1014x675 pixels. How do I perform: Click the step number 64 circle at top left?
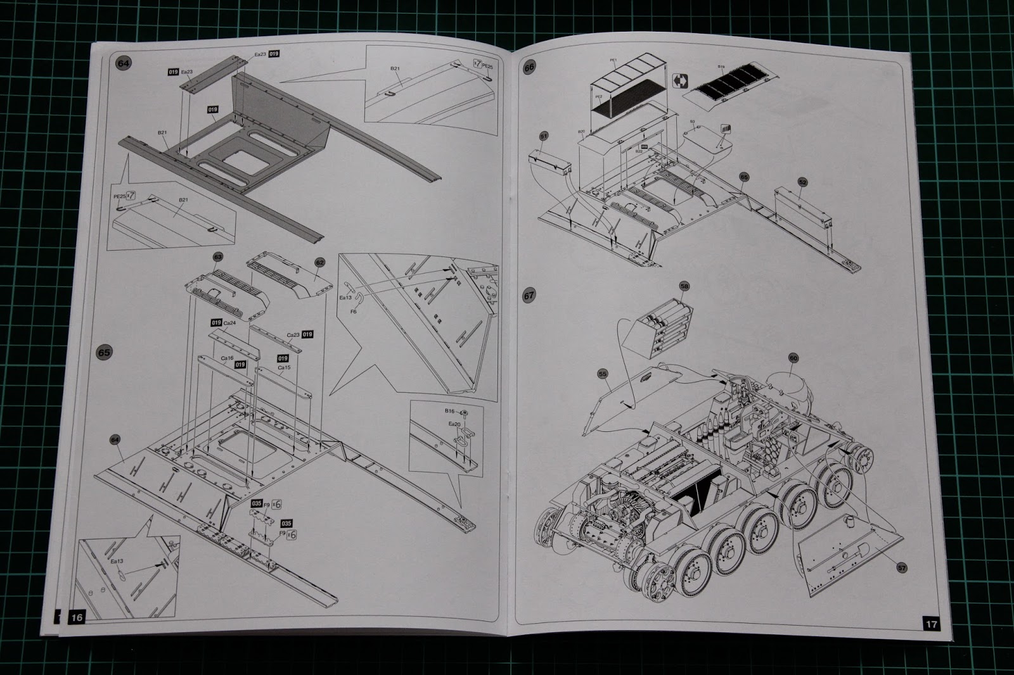[x=123, y=64]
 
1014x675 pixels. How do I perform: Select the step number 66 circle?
[x=529, y=66]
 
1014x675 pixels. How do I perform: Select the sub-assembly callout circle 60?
[x=793, y=358]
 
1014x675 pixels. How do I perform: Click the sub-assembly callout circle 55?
[x=602, y=374]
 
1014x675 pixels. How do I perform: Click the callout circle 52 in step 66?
[x=803, y=182]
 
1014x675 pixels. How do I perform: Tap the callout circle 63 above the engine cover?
[x=217, y=257]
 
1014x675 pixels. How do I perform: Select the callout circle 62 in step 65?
[x=319, y=261]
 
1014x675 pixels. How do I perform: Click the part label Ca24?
[x=230, y=322]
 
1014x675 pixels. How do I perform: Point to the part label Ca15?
[x=284, y=367]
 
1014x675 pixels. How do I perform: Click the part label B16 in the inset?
[x=452, y=412]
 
